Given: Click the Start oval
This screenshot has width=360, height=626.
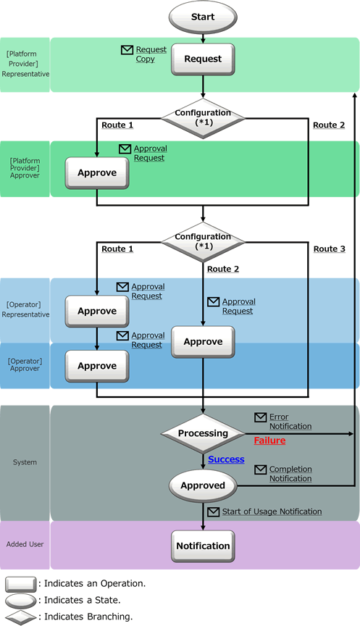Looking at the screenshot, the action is click(x=203, y=17).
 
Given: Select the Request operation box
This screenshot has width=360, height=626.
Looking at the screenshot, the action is click(x=203, y=59).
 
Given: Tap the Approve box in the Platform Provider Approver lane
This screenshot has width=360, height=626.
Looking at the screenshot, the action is click(x=97, y=173).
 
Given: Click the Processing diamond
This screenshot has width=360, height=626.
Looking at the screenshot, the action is click(x=203, y=433).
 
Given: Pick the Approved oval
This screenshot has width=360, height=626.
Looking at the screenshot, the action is click(x=203, y=486).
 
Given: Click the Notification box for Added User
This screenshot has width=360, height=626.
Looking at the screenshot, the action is click(x=203, y=546).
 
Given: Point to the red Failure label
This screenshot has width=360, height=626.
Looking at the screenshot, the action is click(x=269, y=441).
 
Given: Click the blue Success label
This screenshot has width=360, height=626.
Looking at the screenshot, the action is click(x=226, y=459).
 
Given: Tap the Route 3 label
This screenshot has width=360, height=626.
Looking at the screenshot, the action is click(x=330, y=249).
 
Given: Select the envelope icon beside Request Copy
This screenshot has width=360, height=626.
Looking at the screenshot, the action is click(x=127, y=50).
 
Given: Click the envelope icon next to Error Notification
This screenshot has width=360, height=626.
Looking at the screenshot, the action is click(x=260, y=417).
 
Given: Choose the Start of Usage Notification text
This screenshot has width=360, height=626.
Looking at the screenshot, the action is click(x=272, y=512).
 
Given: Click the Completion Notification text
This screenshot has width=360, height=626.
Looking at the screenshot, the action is click(x=290, y=474).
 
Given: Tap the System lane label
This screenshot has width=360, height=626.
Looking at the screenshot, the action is click(x=25, y=462).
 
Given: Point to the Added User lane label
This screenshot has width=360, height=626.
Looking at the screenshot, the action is click(x=25, y=544).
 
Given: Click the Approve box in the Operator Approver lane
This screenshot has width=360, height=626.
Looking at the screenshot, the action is click(x=97, y=366).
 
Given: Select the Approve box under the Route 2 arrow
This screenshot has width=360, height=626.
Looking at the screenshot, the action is click(x=203, y=342).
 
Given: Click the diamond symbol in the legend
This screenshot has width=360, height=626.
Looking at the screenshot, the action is click(x=21, y=617).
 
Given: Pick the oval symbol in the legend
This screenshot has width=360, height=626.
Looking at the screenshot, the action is click(x=21, y=601).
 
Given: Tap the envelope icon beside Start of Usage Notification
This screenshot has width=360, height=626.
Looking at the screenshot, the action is click(x=214, y=512).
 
